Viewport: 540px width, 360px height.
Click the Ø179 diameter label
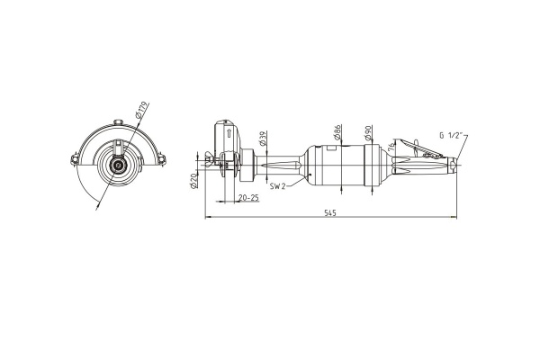point(142,110)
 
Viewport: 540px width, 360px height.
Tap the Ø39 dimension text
point(263,138)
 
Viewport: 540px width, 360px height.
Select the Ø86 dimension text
point(337,132)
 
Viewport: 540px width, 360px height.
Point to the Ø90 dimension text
point(368,133)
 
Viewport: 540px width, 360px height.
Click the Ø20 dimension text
point(193,181)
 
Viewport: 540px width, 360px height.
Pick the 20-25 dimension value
point(248,198)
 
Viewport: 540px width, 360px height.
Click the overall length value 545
point(329,213)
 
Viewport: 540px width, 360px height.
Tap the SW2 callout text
point(277,186)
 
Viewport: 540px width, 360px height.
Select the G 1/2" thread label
point(450,135)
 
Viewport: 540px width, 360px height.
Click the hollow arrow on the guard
point(228,133)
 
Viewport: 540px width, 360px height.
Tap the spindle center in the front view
point(119,166)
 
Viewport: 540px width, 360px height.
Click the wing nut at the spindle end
point(209,160)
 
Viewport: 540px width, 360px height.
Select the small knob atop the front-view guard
point(119,122)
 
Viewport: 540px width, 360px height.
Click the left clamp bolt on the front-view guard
point(75,159)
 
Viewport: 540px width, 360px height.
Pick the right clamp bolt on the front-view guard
point(162,159)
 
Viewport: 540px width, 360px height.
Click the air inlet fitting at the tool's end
point(454,165)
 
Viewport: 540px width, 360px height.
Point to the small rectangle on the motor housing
point(331,148)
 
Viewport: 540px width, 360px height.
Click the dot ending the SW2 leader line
point(310,175)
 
